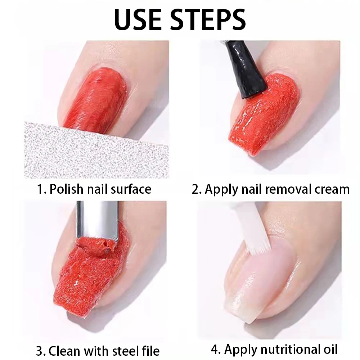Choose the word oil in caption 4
click(329, 349)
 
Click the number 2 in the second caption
click(195, 189)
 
